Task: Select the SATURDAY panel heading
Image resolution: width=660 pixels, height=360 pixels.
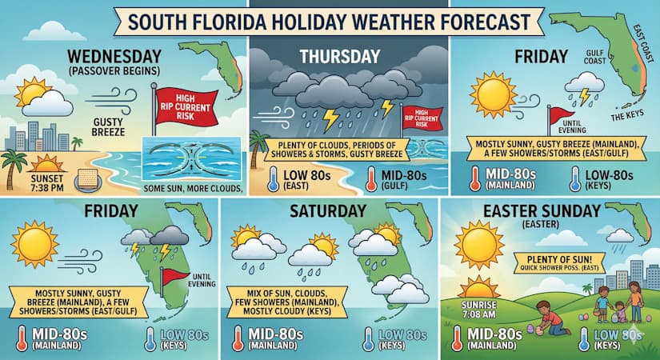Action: point(328,214)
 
